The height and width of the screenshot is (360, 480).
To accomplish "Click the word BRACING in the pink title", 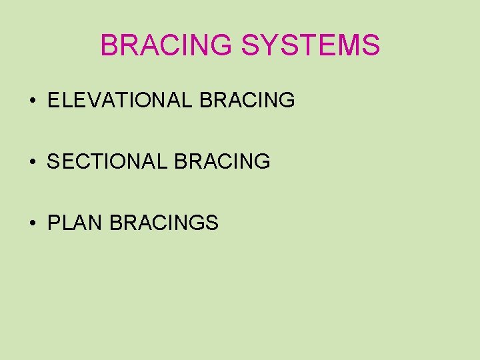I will point(167,45).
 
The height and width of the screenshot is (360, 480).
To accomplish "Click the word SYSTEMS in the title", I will point(311,45).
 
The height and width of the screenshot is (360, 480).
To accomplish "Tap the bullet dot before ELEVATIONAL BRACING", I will point(33,101).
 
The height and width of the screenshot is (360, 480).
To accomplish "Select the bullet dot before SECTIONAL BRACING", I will point(33,162).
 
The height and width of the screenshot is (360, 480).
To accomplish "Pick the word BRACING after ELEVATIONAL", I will point(247,101).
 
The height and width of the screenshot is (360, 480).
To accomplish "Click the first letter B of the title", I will point(109,45).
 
